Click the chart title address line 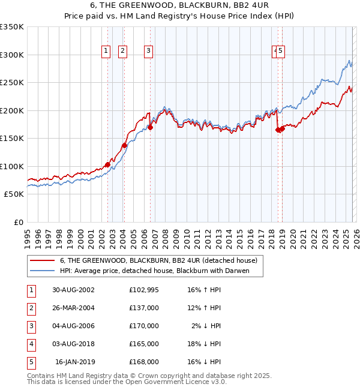click(179, 5)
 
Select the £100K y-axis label click(12, 166)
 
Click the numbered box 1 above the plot click(106, 52)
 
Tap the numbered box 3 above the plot click(148, 52)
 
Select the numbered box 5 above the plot click(280, 52)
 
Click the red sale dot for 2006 click(150, 127)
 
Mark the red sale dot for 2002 click(108, 164)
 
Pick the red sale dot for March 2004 click(124, 145)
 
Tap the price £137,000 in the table click(143, 308)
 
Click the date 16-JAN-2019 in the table click(75, 362)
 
